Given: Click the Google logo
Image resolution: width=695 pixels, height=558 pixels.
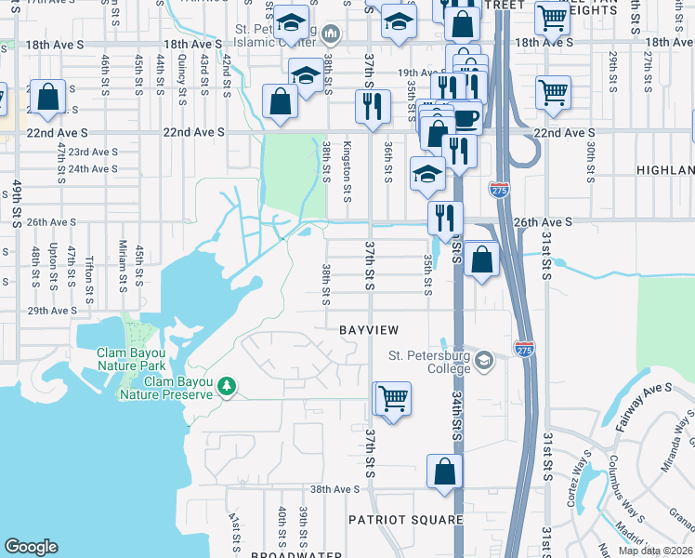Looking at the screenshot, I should click(x=31, y=547).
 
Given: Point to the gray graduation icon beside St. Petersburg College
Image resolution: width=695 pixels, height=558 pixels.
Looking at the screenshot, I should click(x=483, y=359).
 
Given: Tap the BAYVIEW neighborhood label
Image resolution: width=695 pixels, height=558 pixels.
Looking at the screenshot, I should click(x=369, y=330).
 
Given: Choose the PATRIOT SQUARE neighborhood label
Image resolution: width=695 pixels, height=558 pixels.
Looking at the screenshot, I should click(x=406, y=519).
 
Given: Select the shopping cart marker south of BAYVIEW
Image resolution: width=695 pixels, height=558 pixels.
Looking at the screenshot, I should click(x=393, y=399).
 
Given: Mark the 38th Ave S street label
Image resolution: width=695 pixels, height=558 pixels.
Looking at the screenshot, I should click(x=334, y=489).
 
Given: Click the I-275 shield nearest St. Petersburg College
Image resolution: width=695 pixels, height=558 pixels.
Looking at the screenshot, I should click(x=524, y=350).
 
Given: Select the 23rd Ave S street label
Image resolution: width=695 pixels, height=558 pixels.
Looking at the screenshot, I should click(x=92, y=152).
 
